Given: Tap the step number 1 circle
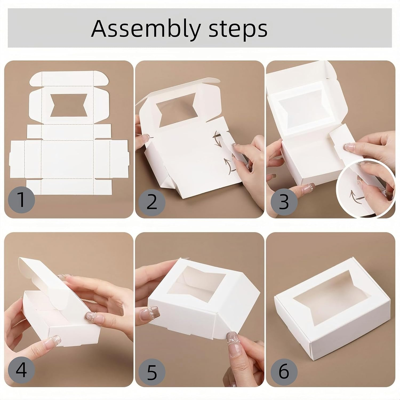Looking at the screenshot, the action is coord(22,200).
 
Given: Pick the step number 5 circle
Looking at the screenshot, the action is coord(152,372).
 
